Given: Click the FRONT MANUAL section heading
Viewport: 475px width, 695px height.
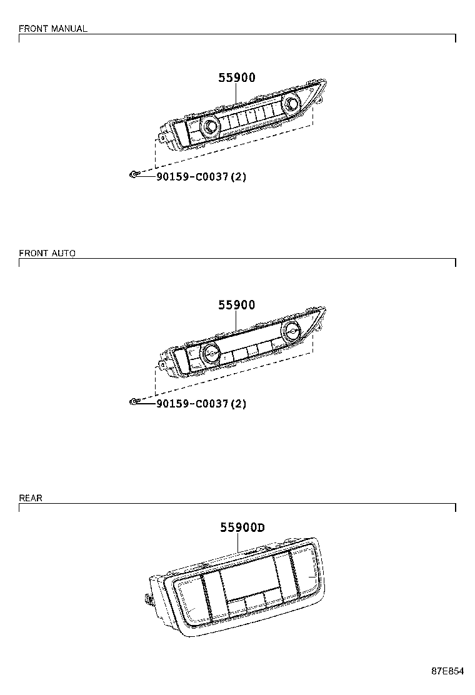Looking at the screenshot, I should click(x=53, y=29).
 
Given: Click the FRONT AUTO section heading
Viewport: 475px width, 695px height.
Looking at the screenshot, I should click(x=47, y=253).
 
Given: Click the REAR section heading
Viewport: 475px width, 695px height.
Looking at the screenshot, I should click(x=31, y=498).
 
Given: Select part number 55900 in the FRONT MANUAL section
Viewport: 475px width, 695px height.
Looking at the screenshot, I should click(x=237, y=78).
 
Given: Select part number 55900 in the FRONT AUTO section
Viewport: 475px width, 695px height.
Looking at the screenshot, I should click(x=237, y=305).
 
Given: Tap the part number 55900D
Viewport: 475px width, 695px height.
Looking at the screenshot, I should click(x=242, y=527).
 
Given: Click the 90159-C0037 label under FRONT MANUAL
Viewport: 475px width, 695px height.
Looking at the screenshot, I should click(x=201, y=177).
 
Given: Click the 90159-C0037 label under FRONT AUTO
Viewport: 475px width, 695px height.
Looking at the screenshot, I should click(x=201, y=404).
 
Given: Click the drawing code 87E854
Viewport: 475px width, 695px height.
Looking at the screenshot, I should click(x=447, y=671).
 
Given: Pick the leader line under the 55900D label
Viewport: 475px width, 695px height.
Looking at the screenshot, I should click(x=238, y=543).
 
